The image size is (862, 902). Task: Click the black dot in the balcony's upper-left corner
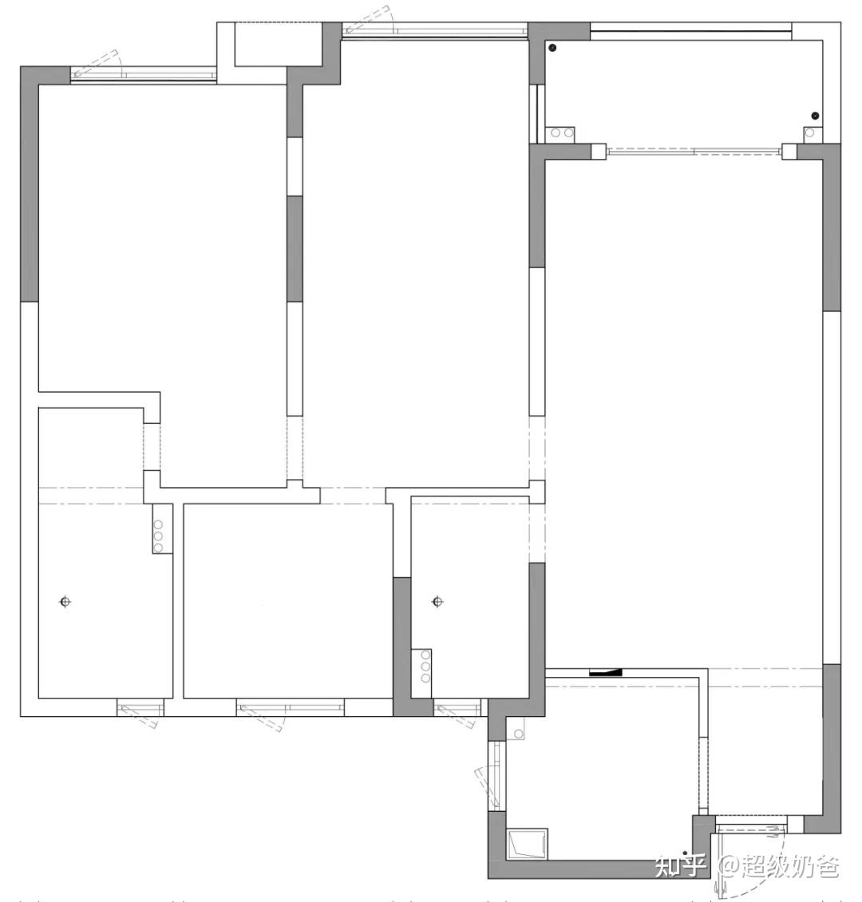point(552,48)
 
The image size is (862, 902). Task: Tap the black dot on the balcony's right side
point(814,116)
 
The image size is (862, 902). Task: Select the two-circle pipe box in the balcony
point(561,133)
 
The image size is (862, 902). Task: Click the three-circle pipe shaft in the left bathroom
point(162,528)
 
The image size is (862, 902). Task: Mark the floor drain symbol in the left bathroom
point(65,602)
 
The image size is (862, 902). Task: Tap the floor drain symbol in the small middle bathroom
point(437,602)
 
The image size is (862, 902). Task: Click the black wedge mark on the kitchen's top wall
point(606,671)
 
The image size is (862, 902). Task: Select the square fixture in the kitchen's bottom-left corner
point(527,844)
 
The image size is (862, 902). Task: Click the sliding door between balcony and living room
point(694,152)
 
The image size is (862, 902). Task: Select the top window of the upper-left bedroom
point(143,74)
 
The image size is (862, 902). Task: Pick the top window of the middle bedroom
point(435,30)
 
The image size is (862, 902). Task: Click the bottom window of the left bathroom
point(140,707)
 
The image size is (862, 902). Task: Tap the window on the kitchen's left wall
point(496,775)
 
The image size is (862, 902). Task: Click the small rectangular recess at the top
point(279,45)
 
